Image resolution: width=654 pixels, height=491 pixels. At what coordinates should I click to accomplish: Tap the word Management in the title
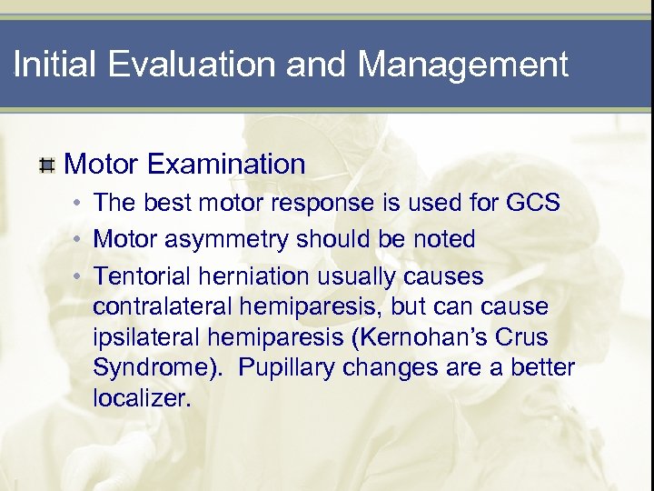(463, 65)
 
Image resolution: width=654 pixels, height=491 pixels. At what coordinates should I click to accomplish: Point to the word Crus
(523, 337)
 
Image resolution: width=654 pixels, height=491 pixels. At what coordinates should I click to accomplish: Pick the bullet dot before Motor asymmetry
(80, 240)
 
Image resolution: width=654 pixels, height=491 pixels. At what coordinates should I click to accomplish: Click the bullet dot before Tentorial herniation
(80, 276)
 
